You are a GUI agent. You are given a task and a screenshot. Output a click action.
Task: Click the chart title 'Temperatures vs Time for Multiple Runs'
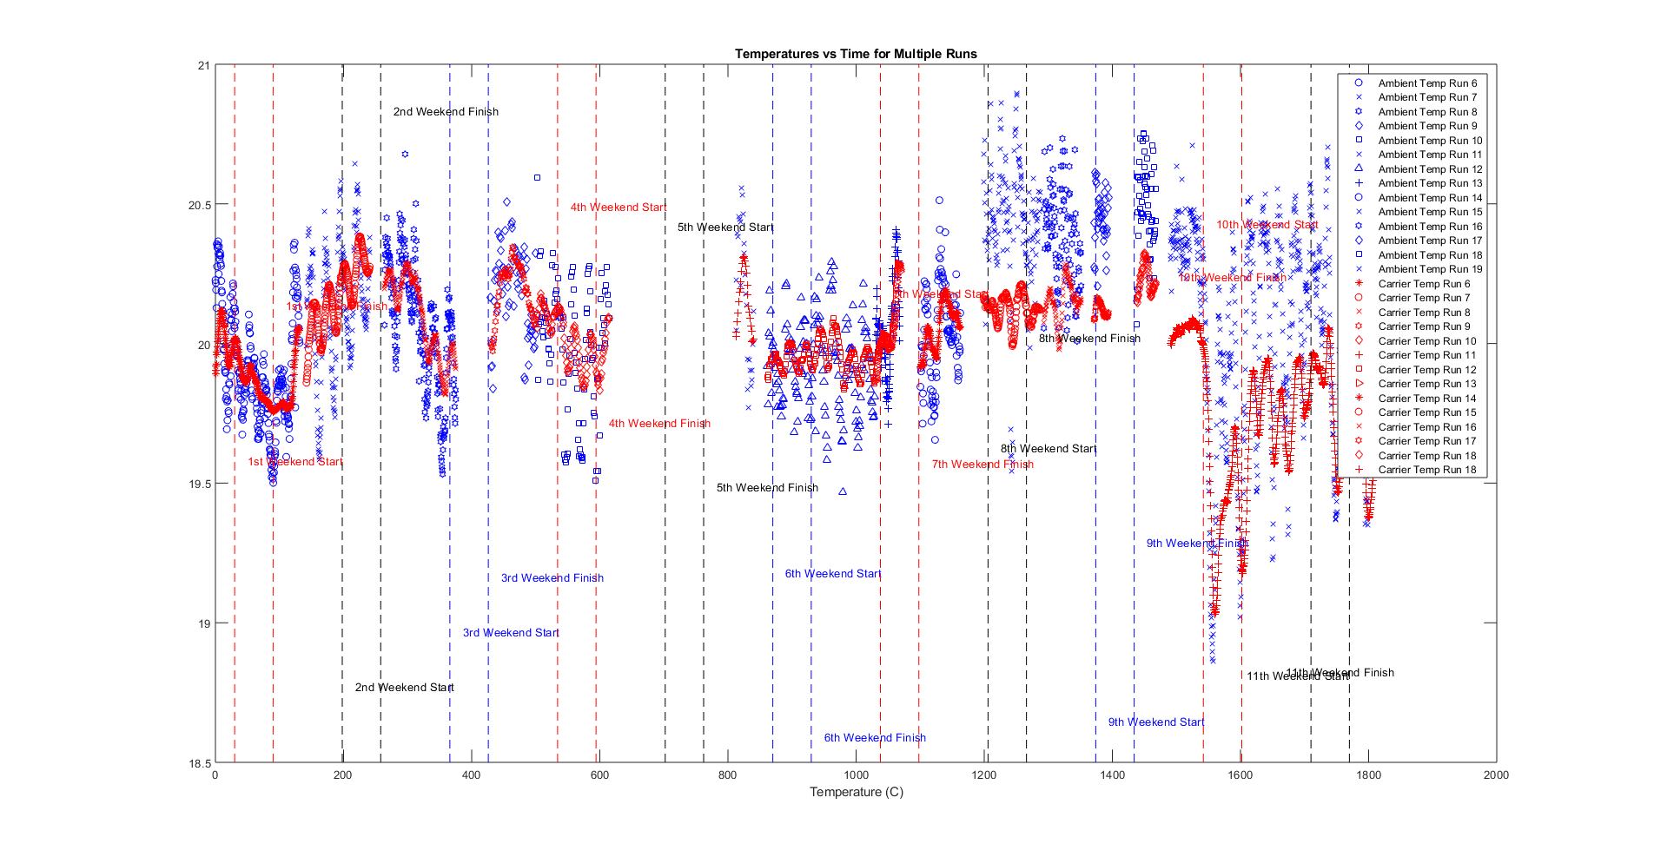click(856, 54)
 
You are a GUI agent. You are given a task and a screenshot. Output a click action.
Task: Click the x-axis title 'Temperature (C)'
click(856, 792)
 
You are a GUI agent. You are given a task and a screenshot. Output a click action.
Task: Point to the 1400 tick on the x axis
click(1112, 775)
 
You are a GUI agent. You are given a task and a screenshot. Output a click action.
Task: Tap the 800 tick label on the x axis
click(728, 775)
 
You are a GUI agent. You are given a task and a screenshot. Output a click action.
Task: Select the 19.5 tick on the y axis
click(199, 484)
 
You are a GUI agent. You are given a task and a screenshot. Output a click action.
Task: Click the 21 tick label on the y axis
click(204, 65)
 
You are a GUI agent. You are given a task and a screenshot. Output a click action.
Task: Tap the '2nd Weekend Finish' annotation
click(446, 112)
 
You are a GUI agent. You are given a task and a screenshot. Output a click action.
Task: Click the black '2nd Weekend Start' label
click(404, 688)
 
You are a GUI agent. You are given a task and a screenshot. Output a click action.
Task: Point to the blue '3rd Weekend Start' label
click(511, 633)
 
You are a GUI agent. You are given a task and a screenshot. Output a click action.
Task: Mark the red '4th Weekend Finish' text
click(659, 424)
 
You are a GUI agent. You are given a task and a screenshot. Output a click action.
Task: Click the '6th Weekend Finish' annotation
click(875, 738)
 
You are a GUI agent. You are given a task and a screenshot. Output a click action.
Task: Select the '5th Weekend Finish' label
click(767, 488)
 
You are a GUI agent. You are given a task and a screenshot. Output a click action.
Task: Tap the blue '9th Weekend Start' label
click(1156, 722)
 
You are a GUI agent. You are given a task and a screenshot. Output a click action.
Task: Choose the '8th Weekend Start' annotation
click(1049, 449)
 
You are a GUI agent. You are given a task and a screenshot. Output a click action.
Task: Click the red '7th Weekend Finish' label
click(982, 465)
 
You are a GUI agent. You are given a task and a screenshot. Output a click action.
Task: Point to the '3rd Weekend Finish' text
click(552, 578)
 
